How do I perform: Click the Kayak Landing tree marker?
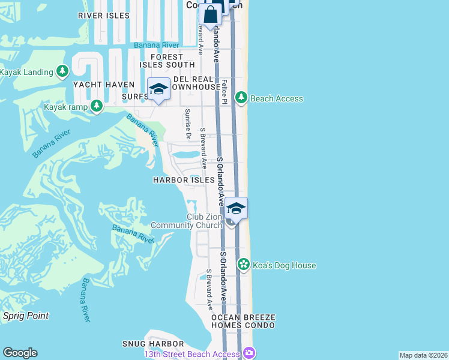tap(62, 72)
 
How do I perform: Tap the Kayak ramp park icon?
tap(96, 107)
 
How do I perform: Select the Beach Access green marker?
tap(241, 98)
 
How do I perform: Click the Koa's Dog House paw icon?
tap(243, 265)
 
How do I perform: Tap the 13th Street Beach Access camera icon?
tap(248, 354)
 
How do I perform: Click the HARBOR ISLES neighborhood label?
tap(184, 180)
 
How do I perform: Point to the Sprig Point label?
tap(26, 316)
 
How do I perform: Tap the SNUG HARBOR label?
tap(152, 344)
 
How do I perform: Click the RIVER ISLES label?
tap(103, 15)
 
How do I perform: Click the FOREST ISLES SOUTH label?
tap(167, 61)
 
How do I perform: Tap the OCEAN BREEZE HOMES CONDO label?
tap(243, 321)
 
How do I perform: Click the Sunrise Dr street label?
tap(188, 124)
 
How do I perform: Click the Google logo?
tap(20, 353)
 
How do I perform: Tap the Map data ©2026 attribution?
tap(423, 355)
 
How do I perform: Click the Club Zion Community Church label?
tap(186, 221)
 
